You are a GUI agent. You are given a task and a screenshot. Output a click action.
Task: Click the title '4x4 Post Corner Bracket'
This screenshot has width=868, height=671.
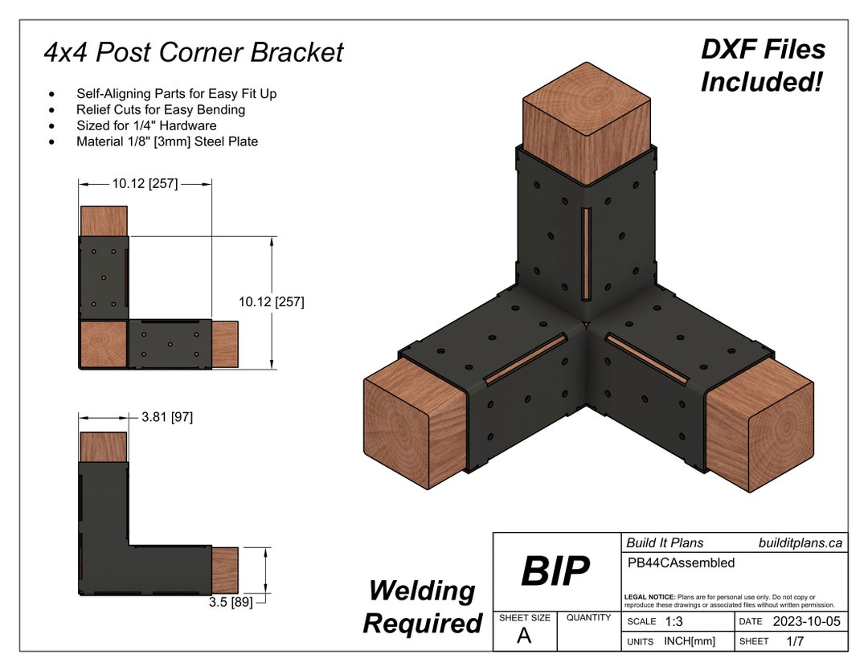[193, 52]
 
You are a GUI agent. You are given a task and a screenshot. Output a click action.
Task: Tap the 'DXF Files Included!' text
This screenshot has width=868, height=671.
[762, 65]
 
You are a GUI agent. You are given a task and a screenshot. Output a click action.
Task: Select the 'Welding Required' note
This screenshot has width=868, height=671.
[421, 607]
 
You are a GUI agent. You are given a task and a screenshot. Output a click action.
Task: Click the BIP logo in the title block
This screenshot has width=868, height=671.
[555, 571]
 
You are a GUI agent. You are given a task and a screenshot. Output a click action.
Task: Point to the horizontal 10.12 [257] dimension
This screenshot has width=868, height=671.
[145, 184]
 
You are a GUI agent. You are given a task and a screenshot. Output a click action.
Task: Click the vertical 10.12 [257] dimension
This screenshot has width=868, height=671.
[271, 302]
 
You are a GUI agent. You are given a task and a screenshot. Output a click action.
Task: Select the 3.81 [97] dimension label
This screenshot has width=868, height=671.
[166, 417]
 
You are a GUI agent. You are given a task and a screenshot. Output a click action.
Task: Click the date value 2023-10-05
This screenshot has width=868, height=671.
[806, 622]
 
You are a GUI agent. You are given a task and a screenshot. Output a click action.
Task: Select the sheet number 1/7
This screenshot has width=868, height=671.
[795, 641]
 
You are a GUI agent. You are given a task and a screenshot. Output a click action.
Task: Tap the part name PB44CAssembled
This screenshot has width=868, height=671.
[680, 563]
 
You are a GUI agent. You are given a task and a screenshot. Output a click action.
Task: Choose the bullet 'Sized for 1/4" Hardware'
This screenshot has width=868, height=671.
[146, 125]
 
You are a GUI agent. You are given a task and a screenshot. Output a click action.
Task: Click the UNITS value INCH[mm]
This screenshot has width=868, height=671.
[689, 641]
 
